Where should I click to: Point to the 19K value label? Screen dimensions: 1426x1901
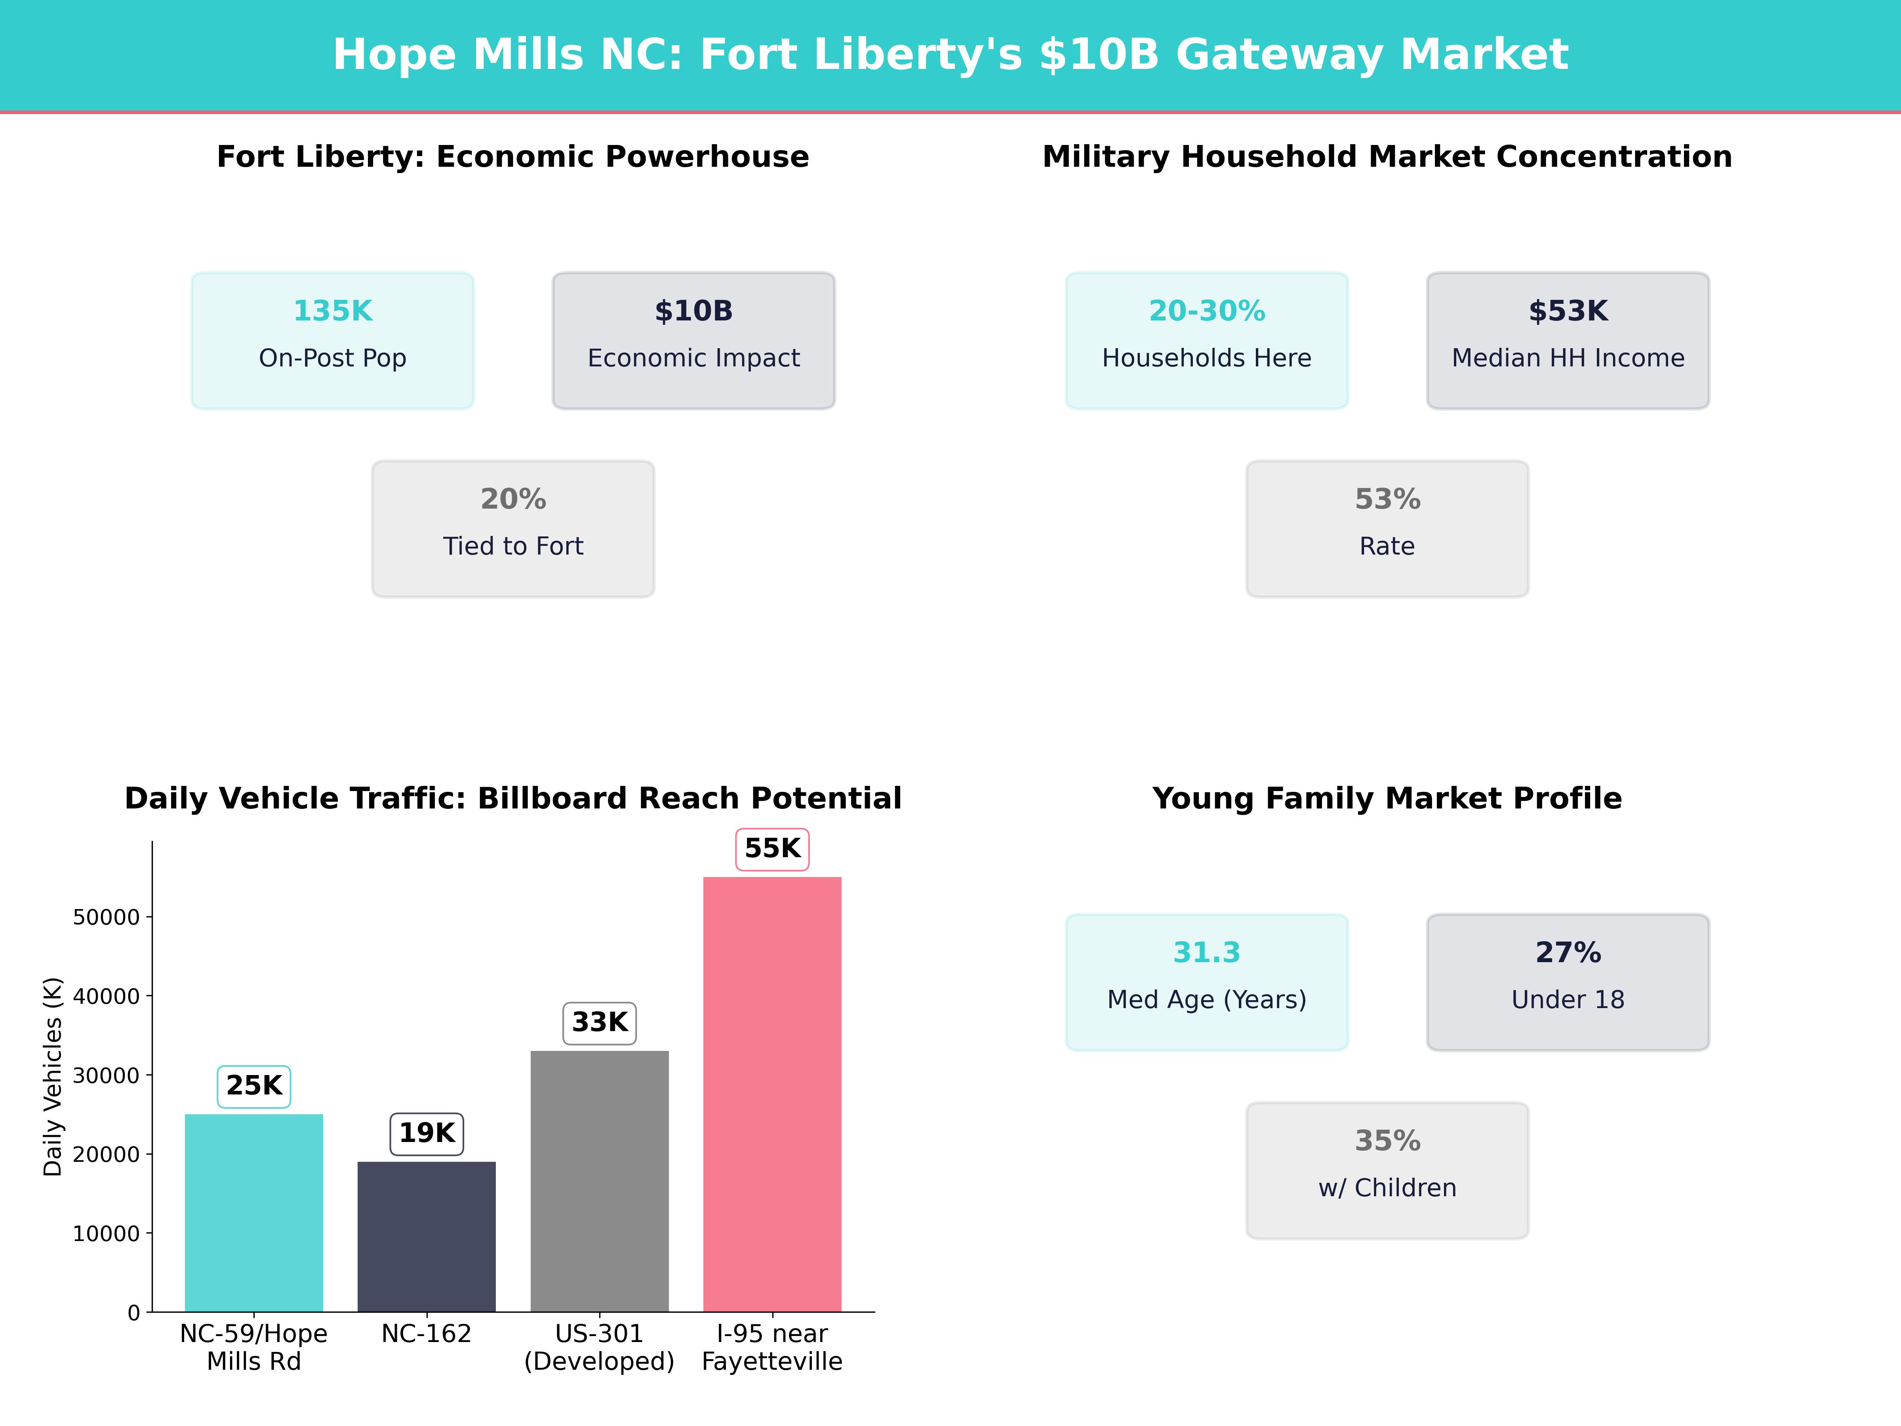point(426,1134)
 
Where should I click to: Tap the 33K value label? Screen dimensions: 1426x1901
point(599,1023)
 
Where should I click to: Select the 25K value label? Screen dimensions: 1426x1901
point(253,1087)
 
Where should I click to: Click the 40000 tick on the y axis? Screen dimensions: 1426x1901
point(106,996)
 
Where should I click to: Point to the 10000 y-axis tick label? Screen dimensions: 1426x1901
point(106,1233)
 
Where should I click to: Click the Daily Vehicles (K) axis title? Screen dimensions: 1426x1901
point(53,1076)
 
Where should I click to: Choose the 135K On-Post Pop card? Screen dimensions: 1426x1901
point(333,340)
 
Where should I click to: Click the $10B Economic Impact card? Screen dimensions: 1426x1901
point(693,340)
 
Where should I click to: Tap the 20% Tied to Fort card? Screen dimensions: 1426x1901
point(513,529)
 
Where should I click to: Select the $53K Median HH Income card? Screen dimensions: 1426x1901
point(1568,340)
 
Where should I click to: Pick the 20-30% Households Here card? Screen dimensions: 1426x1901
point(1207,340)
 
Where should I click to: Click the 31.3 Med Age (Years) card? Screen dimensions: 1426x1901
point(1207,982)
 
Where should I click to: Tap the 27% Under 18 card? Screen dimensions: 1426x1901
point(1568,982)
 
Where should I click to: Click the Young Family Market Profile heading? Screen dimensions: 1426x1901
point(1387,799)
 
